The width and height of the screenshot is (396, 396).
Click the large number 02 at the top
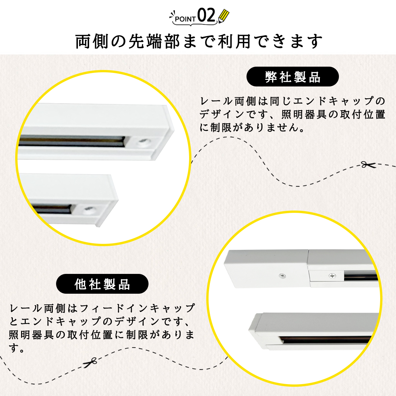coord(206,15)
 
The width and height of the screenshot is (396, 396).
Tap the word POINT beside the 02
coord(185,19)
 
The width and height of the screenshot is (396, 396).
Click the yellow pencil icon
coord(224,16)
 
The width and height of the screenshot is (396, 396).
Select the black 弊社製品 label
coord(292,77)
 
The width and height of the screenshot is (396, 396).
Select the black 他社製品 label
coord(102,283)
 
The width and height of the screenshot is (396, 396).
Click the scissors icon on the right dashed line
coord(368,165)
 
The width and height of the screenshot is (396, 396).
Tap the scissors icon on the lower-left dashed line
coord(90,362)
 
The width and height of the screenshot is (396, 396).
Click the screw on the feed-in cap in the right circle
coord(282,276)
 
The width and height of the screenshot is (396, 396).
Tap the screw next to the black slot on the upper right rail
coord(332,276)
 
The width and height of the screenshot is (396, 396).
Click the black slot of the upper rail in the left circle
coord(72,141)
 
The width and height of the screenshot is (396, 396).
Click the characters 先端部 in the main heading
coord(154,42)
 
